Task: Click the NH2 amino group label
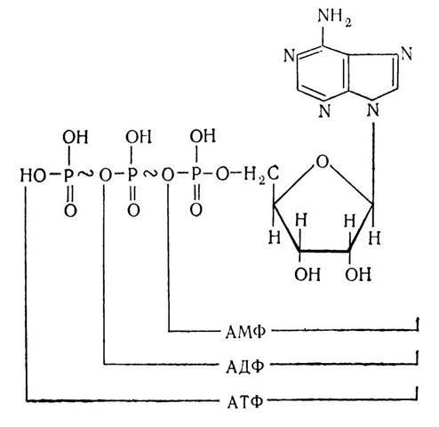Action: [334, 17]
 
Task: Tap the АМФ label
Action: [245, 333]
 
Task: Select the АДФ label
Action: [245, 367]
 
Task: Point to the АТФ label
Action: [245, 402]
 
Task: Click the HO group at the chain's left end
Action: [33, 175]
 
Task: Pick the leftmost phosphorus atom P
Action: [68, 175]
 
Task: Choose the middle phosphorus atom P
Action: [132, 175]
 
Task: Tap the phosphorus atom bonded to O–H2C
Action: [196, 174]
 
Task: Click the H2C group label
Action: [261, 175]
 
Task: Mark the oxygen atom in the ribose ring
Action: [323, 162]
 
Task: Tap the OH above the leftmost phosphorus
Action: [76, 137]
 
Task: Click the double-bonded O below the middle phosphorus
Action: [133, 211]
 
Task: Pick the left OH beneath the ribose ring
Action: [307, 274]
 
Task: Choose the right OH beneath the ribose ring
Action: [358, 274]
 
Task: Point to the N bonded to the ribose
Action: [373, 110]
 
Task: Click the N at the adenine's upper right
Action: [406, 53]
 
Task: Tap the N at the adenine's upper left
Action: [290, 55]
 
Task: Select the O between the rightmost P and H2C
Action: [223, 174]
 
